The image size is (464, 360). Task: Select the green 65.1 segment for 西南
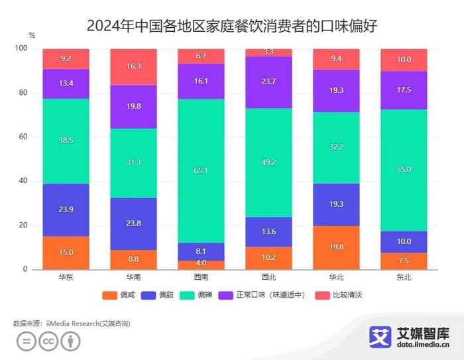[201, 170]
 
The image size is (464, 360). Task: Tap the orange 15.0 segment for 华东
[66, 253]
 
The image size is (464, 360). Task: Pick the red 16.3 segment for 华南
[133, 67]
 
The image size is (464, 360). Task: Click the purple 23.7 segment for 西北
[268, 82]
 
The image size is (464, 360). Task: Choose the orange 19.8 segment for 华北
[336, 247]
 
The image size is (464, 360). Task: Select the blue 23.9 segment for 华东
[66, 210]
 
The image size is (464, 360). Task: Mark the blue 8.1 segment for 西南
[201, 252]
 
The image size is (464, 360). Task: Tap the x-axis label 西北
[268, 277]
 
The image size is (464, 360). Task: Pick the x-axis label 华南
[133, 277]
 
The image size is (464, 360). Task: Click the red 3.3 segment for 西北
[268, 52]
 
